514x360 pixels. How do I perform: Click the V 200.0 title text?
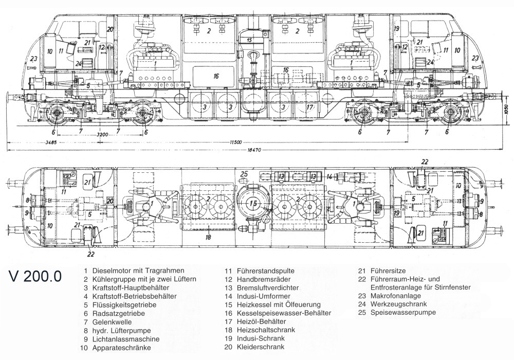pos(35,276)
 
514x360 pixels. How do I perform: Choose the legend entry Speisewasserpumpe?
pos(404,313)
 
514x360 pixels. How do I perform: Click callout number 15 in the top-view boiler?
pos(253,204)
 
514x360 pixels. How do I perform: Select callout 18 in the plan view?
pos(209,237)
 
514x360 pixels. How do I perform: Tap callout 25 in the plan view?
pos(245,173)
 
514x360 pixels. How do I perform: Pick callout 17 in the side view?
pos(309,107)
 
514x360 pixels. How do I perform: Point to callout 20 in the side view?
pos(110,29)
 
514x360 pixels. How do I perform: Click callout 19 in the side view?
pos(397,29)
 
